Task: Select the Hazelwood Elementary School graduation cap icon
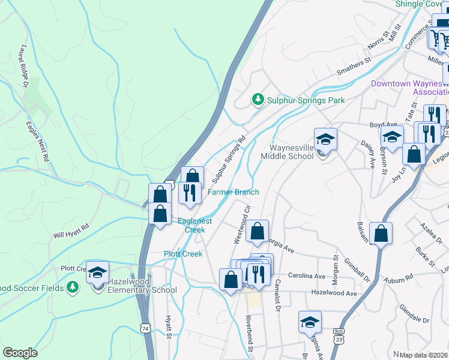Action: click(x=97, y=272)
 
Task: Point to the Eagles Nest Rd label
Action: click(x=37, y=142)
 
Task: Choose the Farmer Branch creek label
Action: click(x=233, y=192)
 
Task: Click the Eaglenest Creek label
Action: click(x=195, y=226)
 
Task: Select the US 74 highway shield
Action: click(x=145, y=328)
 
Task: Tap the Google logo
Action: click(x=20, y=353)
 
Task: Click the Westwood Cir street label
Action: click(x=241, y=223)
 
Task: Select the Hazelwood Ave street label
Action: click(x=333, y=293)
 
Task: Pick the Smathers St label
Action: click(x=354, y=62)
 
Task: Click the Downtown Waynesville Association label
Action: click(x=409, y=88)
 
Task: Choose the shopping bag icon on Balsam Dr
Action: click(x=381, y=233)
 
